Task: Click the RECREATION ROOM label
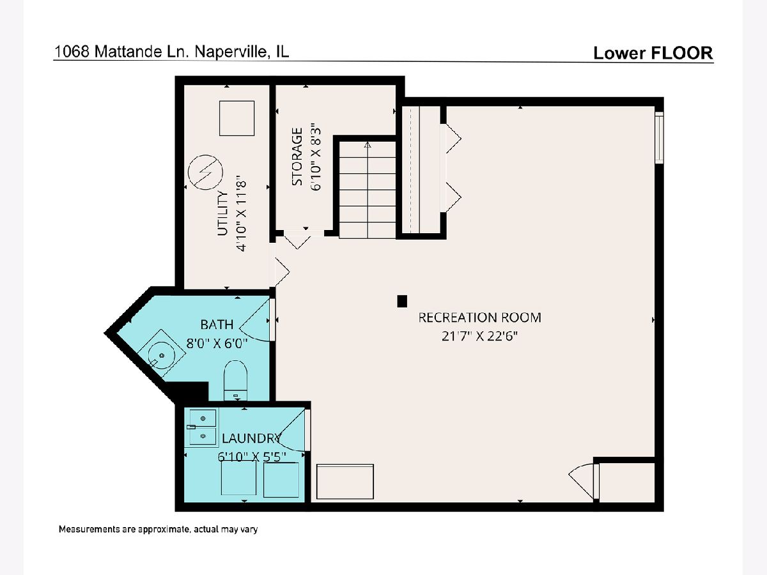point(480,318)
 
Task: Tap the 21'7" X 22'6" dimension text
point(479,336)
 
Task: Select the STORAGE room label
point(297,157)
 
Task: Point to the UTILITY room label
point(222,213)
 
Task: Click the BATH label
point(217,325)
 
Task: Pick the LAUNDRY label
point(252,438)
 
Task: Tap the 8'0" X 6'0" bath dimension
point(217,344)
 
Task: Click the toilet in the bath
point(235,381)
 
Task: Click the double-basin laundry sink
point(201,427)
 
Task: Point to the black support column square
point(402,301)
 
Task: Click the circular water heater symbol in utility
point(205,172)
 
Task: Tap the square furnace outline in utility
point(236,118)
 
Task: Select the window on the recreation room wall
point(659,137)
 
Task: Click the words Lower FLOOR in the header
point(653,53)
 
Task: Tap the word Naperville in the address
point(231,52)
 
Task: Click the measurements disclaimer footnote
point(158,529)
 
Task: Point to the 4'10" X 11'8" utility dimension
point(242,216)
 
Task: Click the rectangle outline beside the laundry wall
point(345,482)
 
